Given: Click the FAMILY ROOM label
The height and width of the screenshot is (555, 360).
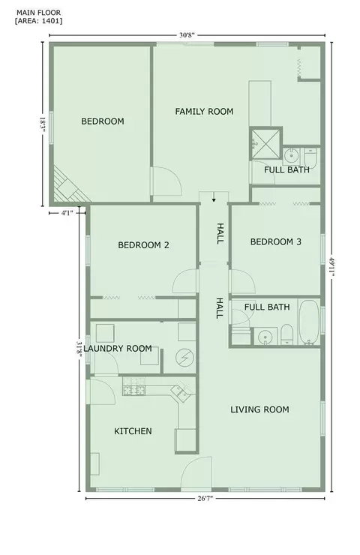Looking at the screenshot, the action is pyautogui.click(x=204, y=112).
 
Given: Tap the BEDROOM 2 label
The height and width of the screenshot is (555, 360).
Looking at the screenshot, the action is pyautogui.click(x=143, y=245).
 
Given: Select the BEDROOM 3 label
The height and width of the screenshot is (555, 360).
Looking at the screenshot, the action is pyautogui.click(x=276, y=241).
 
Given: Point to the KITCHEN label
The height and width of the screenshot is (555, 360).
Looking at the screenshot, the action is pyautogui.click(x=133, y=431).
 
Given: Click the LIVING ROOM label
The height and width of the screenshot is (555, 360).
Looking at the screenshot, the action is pyautogui.click(x=259, y=409).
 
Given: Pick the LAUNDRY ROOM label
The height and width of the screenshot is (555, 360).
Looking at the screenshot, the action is pyautogui.click(x=118, y=348).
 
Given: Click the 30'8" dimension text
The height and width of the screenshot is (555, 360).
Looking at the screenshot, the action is pyautogui.click(x=187, y=35).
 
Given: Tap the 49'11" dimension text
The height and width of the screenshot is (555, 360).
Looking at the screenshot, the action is pyautogui.click(x=331, y=268).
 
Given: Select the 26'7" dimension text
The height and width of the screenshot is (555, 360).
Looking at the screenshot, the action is pyautogui.click(x=205, y=498).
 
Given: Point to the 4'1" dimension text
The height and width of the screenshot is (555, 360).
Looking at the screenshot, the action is pyautogui.click(x=67, y=213).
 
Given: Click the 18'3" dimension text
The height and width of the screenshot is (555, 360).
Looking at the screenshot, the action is pyautogui.click(x=43, y=124).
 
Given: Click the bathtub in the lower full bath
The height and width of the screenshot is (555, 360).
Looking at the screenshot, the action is pyautogui.click(x=310, y=322).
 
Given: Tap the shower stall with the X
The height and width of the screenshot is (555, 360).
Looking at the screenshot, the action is pyautogui.click(x=265, y=143).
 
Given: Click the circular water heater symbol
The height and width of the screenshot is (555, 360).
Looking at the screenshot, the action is pyautogui.click(x=184, y=358).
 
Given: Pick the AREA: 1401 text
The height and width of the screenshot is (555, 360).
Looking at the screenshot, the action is pyautogui.click(x=38, y=20).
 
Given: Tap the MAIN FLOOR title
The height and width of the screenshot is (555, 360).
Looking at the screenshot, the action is pyautogui.click(x=38, y=13).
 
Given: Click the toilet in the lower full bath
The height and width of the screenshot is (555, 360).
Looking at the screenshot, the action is pyautogui.click(x=287, y=334).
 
